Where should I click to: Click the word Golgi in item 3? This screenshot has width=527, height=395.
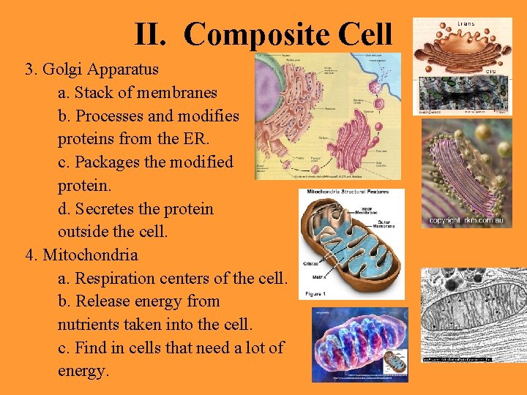64,69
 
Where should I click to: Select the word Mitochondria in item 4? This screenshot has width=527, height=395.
90,255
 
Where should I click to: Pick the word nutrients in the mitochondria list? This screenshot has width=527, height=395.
90,325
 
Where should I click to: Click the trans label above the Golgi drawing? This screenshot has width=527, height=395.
466,23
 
